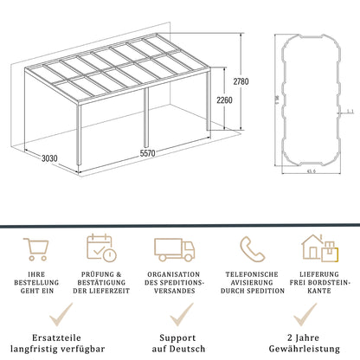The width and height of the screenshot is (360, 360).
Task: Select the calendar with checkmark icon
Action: point(102,247)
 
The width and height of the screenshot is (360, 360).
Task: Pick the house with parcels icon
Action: point(319,247)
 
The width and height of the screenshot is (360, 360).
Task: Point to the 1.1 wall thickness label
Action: point(346,111)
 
